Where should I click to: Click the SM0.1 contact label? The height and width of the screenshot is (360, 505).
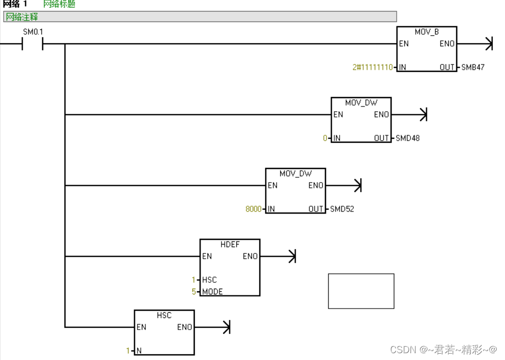[x=33, y=32]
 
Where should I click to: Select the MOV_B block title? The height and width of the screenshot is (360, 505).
[x=426, y=32]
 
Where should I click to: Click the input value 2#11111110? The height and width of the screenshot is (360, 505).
[x=372, y=67]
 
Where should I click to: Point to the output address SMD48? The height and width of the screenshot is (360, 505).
[x=407, y=138]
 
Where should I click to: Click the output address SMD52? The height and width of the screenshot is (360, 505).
[x=342, y=209]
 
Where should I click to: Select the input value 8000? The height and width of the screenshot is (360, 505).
[x=253, y=209]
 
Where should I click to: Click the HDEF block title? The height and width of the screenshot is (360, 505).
[x=229, y=245]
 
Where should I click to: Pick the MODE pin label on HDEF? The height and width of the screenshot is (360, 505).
[x=212, y=292]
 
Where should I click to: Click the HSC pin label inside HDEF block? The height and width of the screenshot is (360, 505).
[x=209, y=280]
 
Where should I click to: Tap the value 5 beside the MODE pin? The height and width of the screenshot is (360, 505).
[x=193, y=292]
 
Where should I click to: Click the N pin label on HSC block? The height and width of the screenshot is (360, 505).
[x=139, y=351]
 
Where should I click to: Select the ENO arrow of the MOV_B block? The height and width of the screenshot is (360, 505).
[x=489, y=44]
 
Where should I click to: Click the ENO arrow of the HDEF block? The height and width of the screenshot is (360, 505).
[x=292, y=257]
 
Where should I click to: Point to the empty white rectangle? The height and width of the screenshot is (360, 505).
[x=361, y=291]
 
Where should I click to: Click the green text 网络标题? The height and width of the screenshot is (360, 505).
[x=59, y=4]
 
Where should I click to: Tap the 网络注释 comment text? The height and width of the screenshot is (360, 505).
[x=22, y=17]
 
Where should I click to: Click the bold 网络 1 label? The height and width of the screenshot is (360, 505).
[x=15, y=4]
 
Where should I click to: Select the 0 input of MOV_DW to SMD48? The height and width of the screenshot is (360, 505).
[x=325, y=138]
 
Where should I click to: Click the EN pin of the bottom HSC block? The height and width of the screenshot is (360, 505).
[x=141, y=327]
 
